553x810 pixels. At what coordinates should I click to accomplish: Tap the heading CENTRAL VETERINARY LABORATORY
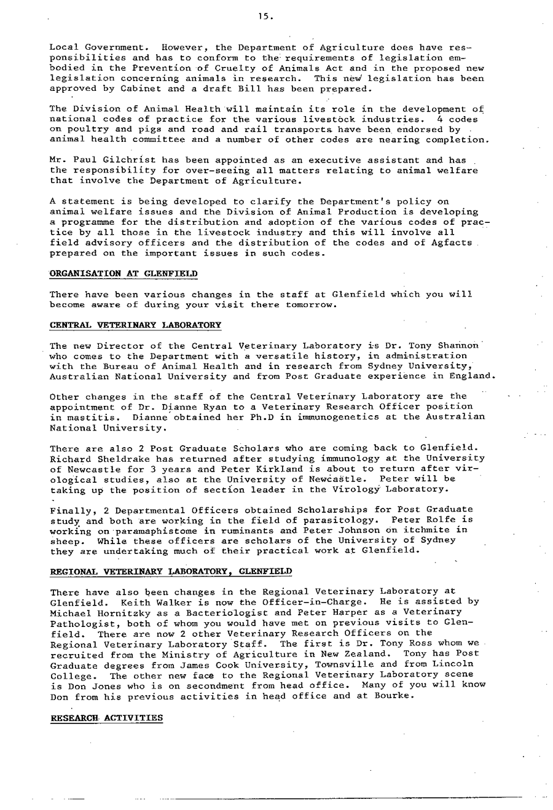point(135,324)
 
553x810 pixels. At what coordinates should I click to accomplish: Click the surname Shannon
point(458,346)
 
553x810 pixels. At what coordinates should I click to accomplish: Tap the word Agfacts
point(452,243)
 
